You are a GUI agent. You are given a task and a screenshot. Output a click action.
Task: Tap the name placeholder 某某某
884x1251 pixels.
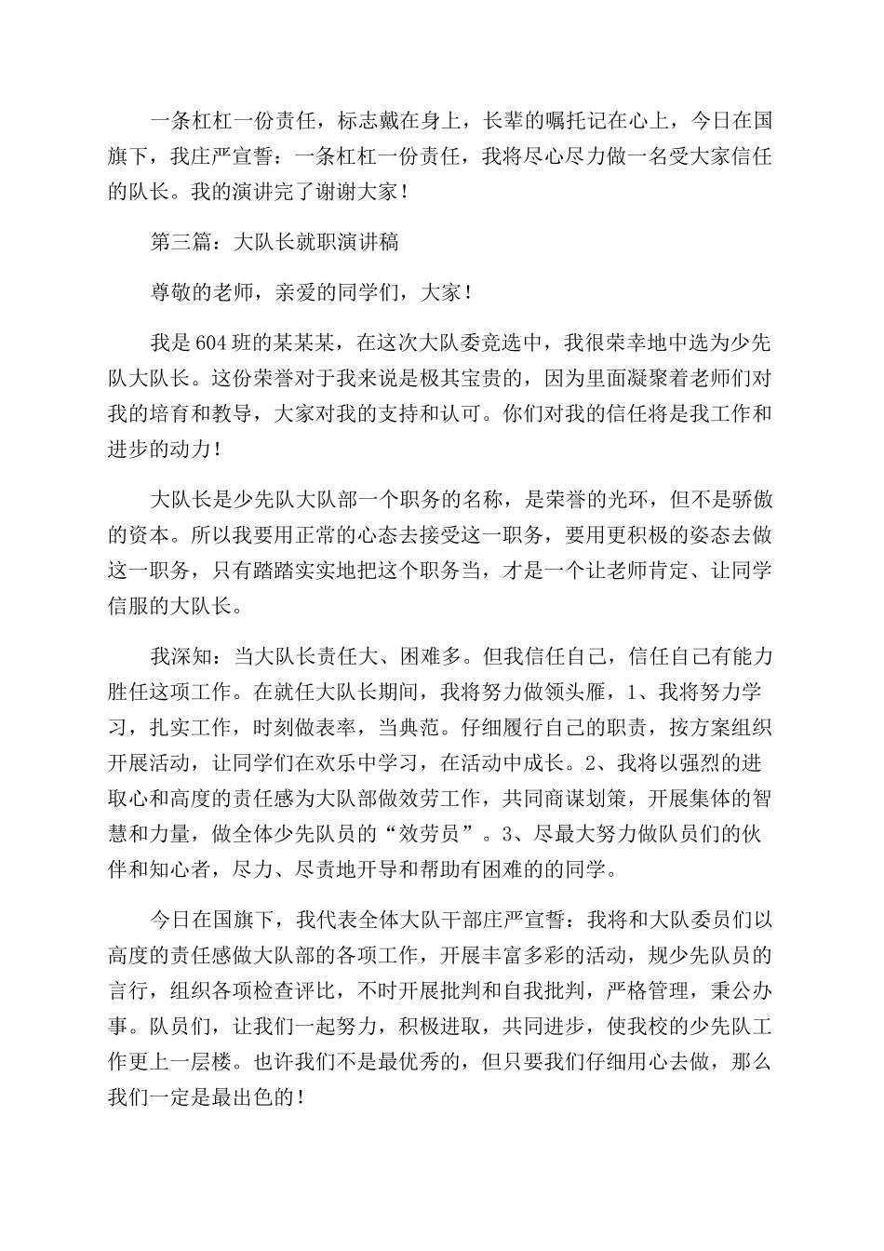(x=285, y=342)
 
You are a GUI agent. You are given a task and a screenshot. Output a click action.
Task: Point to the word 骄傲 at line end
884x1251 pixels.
(x=751, y=500)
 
